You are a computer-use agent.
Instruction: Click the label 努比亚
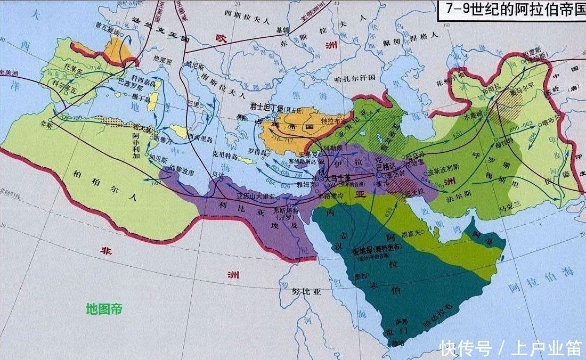(306, 291)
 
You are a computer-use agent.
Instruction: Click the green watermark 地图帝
(104, 308)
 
